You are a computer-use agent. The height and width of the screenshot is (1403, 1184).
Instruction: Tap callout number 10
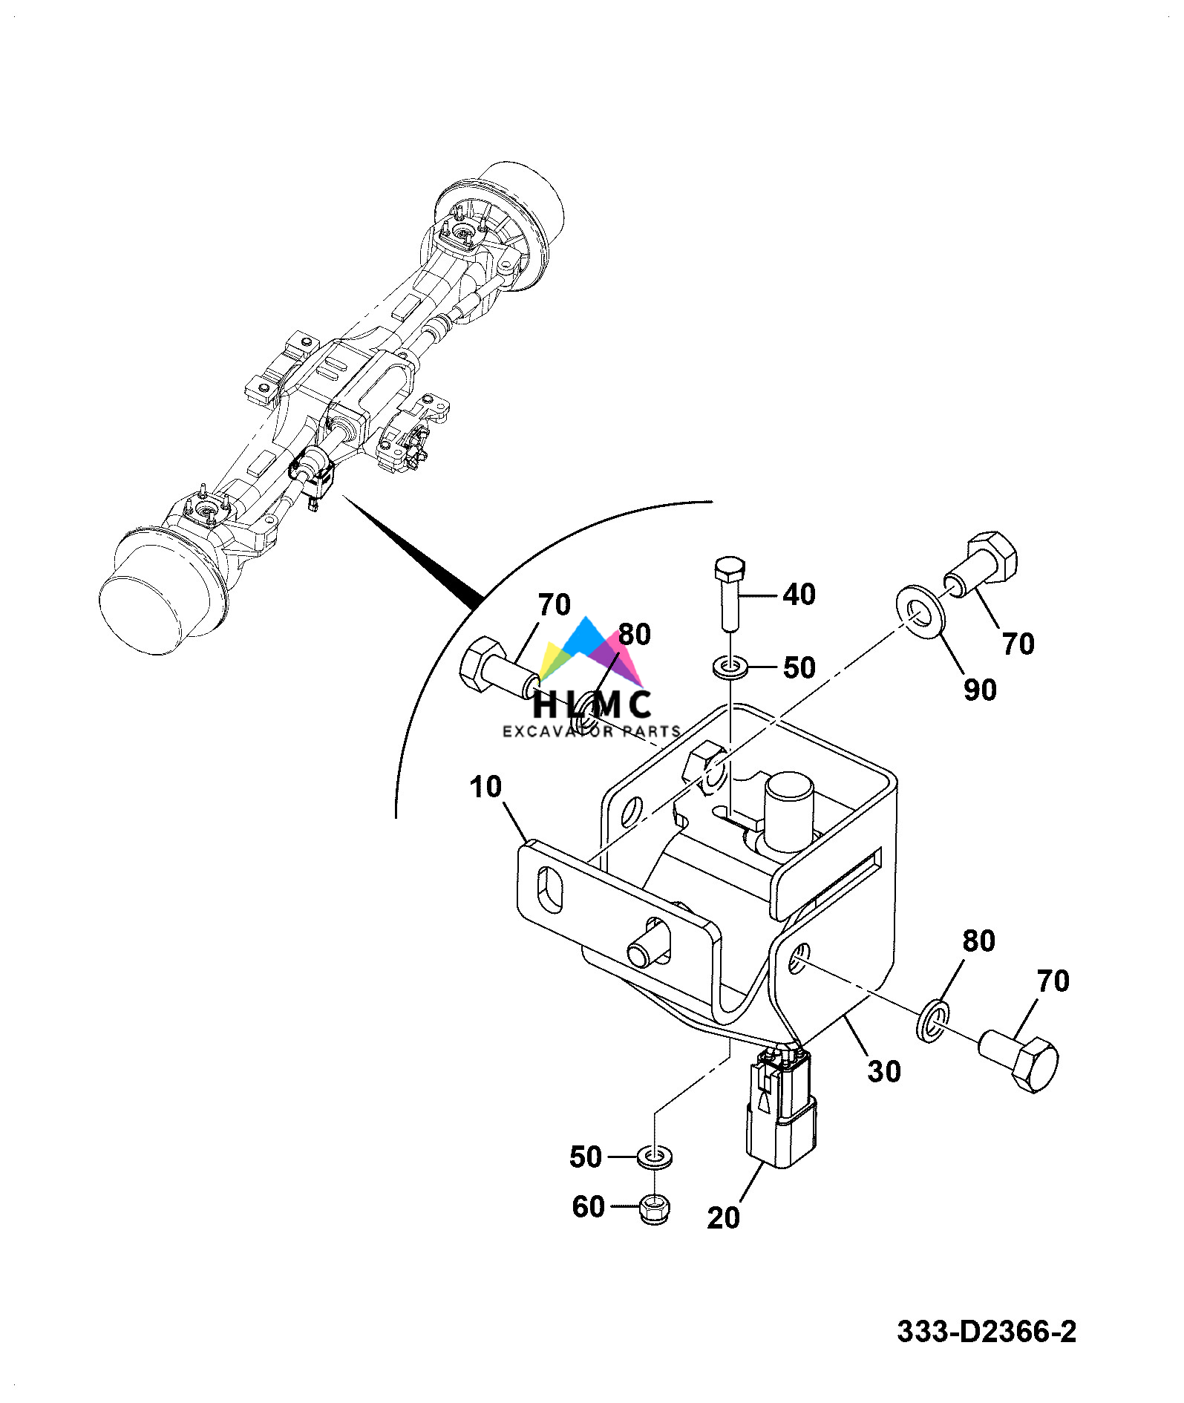[x=485, y=787]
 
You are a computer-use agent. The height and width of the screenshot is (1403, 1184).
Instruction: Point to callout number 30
[x=884, y=1071]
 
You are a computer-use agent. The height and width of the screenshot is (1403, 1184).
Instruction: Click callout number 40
[x=799, y=595]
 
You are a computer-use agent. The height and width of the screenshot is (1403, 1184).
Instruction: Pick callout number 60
[x=588, y=1206]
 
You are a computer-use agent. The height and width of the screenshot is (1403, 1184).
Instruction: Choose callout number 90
[x=980, y=690]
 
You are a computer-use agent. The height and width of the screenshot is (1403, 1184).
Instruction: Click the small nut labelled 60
[x=653, y=1208]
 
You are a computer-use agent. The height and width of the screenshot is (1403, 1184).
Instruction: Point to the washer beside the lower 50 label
[x=654, y=1156]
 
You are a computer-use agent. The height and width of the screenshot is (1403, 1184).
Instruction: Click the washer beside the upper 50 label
[x=731, y=667]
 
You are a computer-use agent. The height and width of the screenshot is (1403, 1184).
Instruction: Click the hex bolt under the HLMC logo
[x=497, y=667]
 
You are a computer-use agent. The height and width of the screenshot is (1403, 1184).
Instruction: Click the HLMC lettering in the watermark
[x=592, y=704]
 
